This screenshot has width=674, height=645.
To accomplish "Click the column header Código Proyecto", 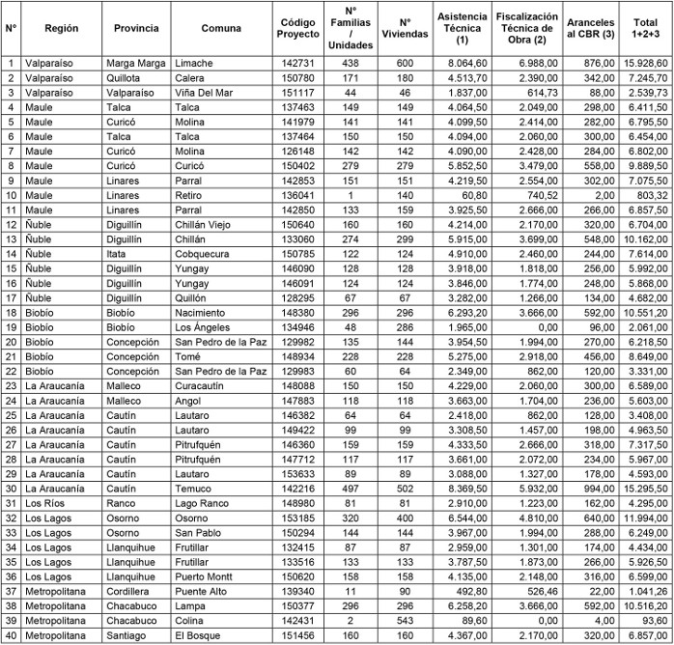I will click(297, 29).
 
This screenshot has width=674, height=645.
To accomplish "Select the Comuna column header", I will click(222, 29).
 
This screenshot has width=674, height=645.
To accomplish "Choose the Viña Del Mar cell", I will click(206, 93).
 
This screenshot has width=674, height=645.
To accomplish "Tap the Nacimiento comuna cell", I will click(203, 313).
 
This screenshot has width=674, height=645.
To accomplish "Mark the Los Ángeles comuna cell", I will click(205, 327).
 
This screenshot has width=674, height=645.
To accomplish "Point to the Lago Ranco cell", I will click(204, 503).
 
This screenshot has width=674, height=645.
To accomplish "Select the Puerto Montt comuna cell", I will click(207, 576).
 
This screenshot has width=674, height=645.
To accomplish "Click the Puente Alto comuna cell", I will click(203, 591).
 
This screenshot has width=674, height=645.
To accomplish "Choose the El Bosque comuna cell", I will click(198, 635).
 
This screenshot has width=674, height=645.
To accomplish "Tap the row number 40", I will click(12, 635).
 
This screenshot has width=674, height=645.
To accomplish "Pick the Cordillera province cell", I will click(130, 591).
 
